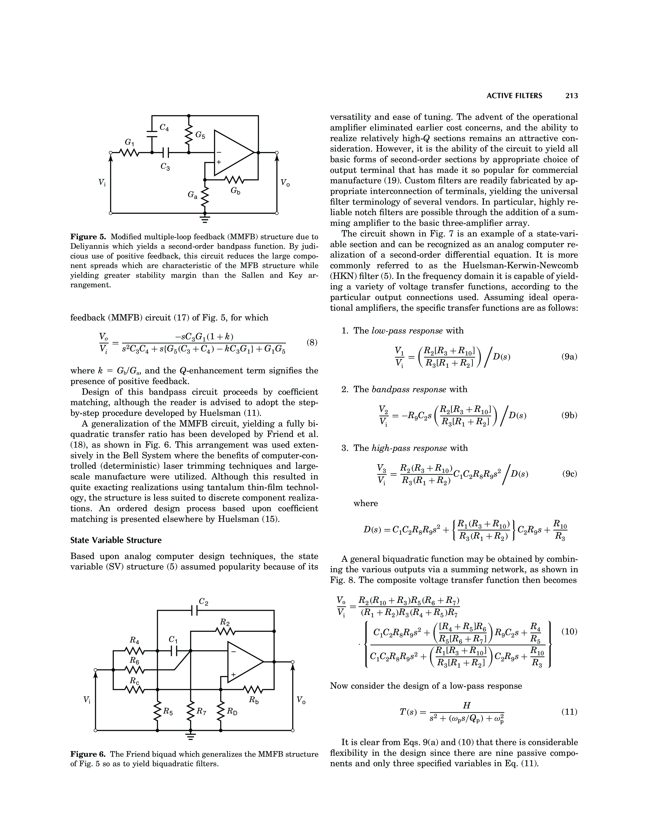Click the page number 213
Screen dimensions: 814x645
[571, 96]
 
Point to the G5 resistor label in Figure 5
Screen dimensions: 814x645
[200, 135]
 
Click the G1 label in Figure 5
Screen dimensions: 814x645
[130, 142]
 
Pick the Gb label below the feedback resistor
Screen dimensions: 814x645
[235, 191]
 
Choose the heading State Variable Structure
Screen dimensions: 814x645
[116, 540]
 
